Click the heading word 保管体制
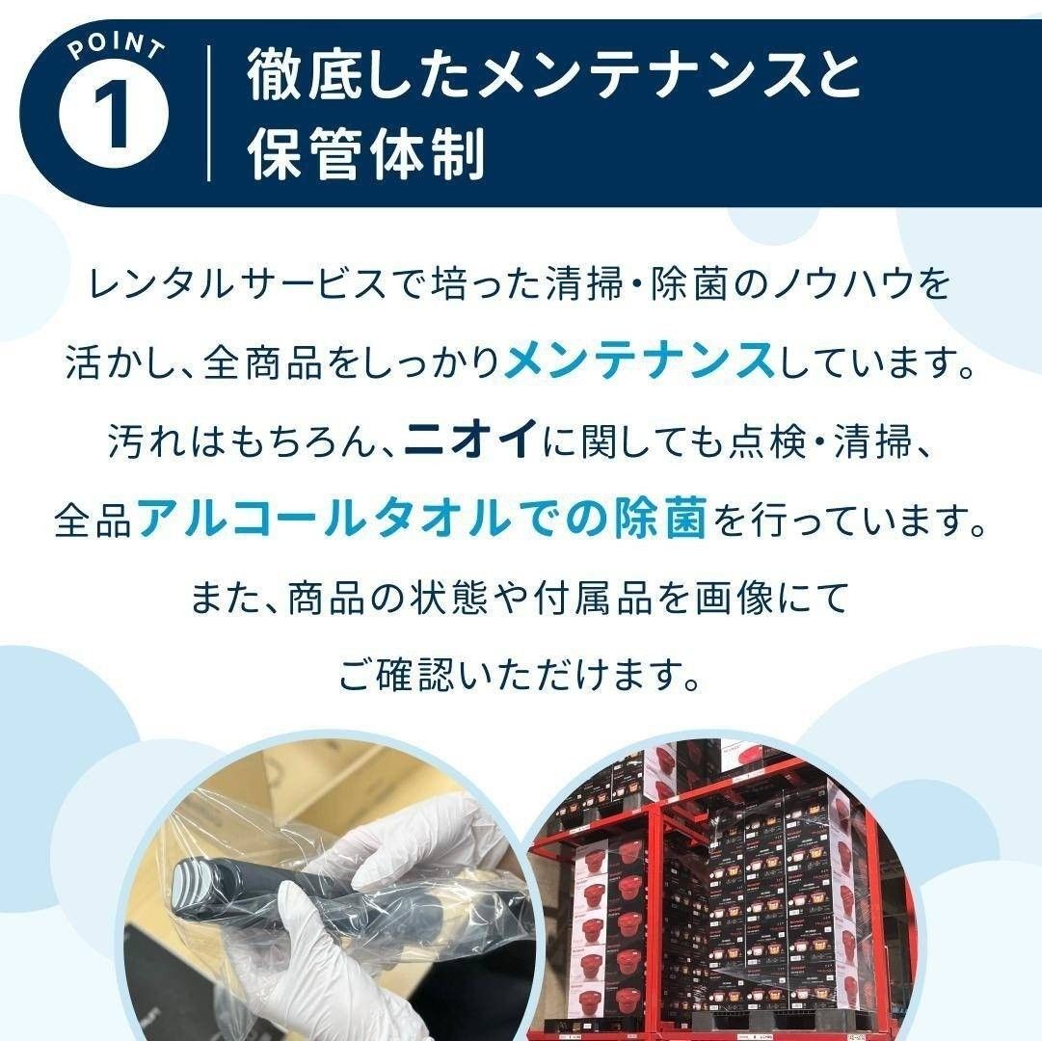pyautogui.click(x=366, y=153)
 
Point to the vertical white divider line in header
pyautogui.click(x=209, y=114)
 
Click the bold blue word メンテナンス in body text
pyautogui.click(x=639, y=362)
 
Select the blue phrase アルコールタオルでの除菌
pyautogui.click(x=422, y=520)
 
